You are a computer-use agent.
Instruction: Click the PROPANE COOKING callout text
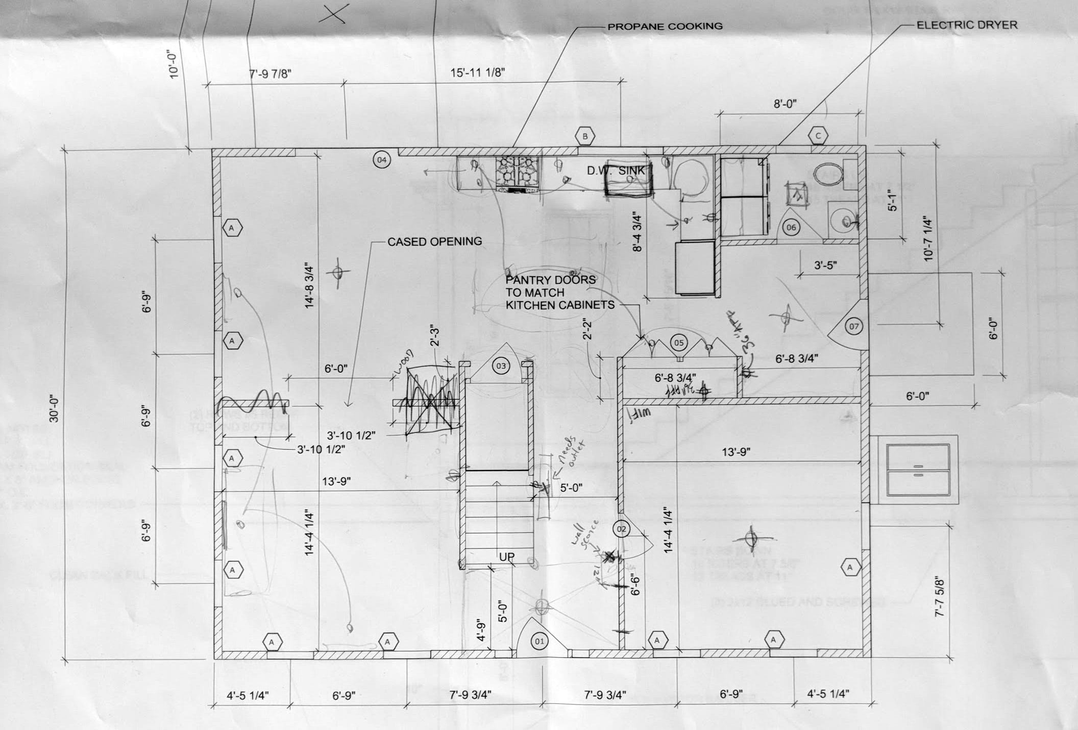click(665, 26)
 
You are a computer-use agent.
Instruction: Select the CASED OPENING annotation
click(434, 241)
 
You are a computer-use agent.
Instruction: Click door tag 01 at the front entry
click(539, 641)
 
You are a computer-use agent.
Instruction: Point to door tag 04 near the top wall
click(382, 160)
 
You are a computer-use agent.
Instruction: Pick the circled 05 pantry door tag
click(679, 343)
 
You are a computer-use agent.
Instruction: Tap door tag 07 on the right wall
click(854, 326)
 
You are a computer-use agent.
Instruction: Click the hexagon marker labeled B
click(585, 136)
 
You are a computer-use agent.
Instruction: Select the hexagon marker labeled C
click(818, 136)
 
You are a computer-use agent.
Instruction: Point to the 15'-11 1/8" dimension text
click(478, 72)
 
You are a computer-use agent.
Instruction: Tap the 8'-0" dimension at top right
click(785, 104)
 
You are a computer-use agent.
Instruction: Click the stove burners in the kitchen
click(518, 173)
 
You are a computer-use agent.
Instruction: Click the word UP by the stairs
click(506, 556)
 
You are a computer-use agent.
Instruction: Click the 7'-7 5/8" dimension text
click(940, 596)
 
